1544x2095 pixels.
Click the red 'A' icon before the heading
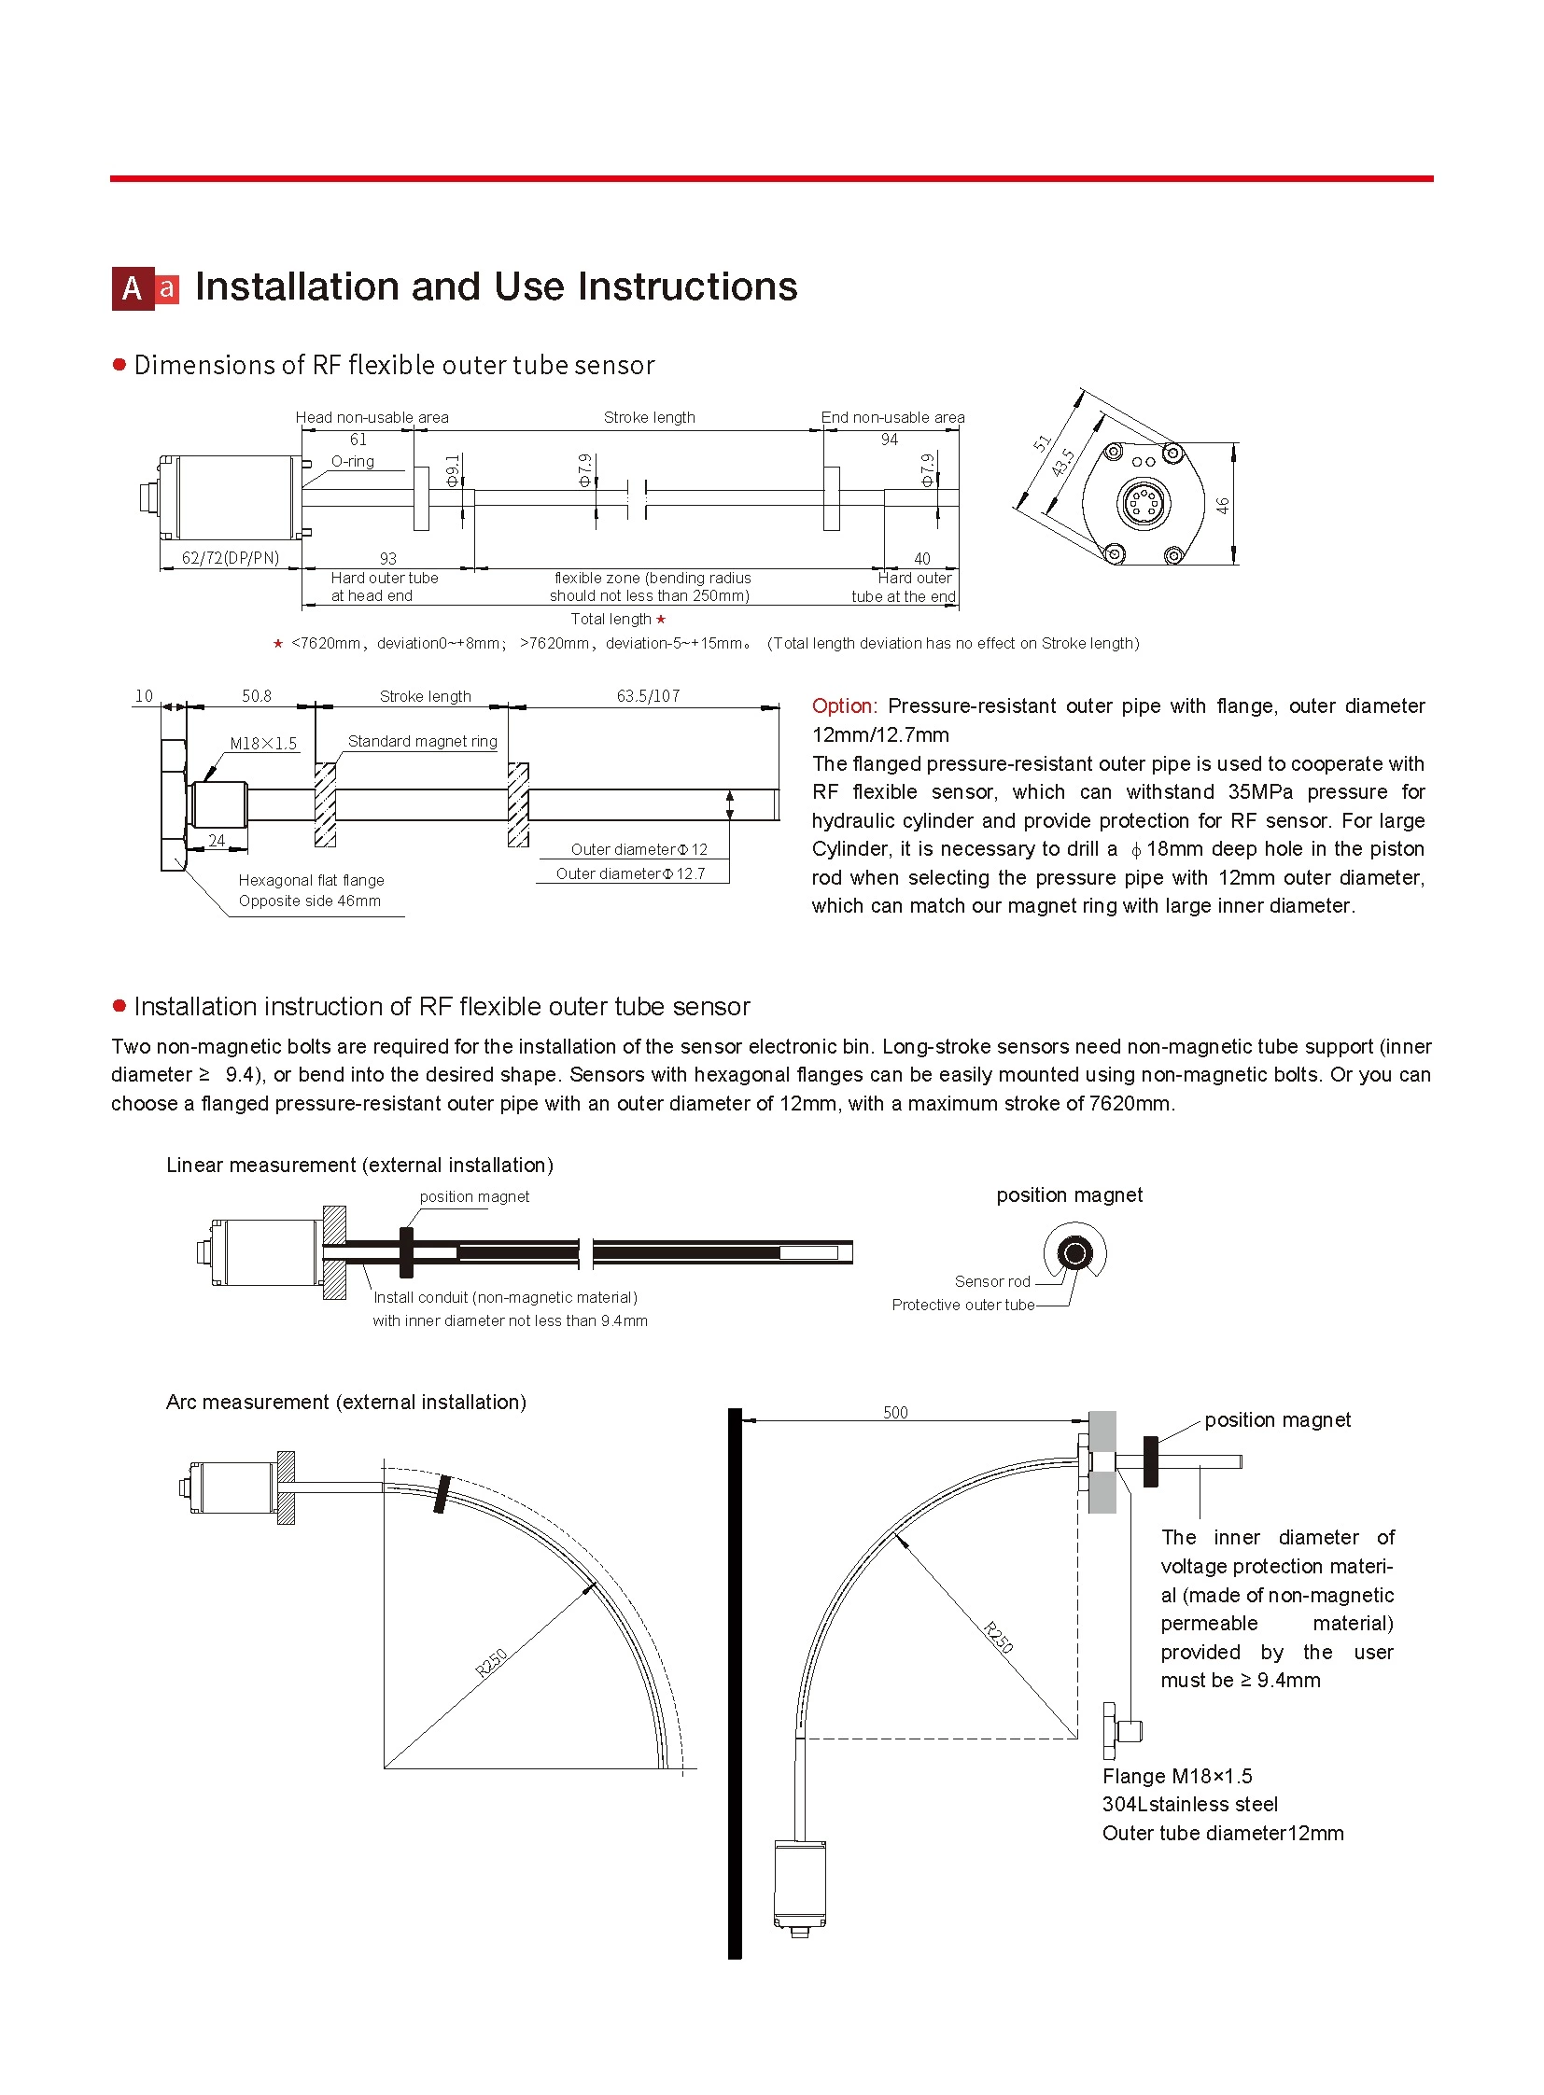point(133,288)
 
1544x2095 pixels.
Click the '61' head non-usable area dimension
point(358,440)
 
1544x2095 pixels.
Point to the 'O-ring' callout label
point(352,462)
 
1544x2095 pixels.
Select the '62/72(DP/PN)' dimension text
point(230,558)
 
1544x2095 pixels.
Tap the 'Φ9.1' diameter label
point(453,471)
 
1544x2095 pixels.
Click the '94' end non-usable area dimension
point(889,440)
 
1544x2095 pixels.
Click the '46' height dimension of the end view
point(1223,506)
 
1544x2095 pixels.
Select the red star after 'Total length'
point(661,620)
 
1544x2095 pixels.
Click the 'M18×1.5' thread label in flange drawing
point(263,744)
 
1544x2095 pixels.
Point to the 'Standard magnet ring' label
point(423,741)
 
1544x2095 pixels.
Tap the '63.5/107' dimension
point(648,696)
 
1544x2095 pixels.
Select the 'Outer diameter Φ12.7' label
point(631,873)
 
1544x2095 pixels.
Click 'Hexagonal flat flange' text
point(311,880)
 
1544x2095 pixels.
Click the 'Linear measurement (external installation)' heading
point(359,1166)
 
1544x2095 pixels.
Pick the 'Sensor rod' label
point(991,1281)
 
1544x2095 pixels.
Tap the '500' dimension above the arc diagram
point(895,1412)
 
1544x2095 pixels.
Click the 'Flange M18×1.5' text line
point(1177,1777)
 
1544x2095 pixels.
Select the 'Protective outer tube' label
point(962,1305)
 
